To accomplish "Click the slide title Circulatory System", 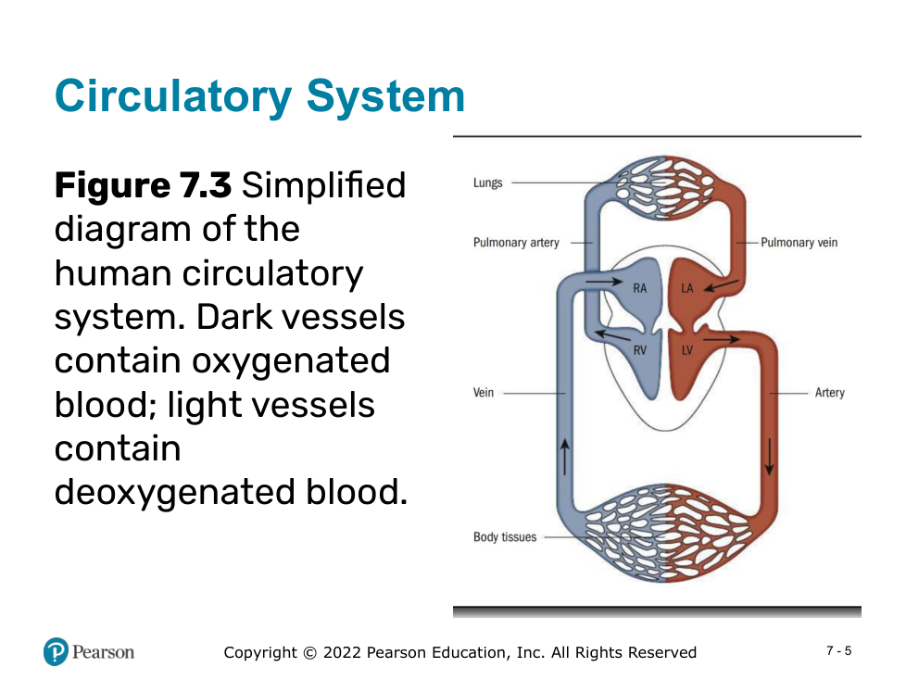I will (259, 96).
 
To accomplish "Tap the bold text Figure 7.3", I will (143, 185).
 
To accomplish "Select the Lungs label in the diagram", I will (487, 183).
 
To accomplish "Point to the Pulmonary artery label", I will (516, 243).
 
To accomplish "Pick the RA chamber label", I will (640, 288).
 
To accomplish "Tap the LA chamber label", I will (687, 288).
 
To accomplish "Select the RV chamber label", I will (640, 350).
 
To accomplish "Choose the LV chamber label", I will (687, 350).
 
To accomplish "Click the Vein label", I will (484, 393).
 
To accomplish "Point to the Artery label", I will (829, 393).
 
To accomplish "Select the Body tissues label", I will (505, 537).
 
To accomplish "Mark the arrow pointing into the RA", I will (604, 281).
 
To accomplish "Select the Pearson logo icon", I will (56, 652).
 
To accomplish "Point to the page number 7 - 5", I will (838, 651).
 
